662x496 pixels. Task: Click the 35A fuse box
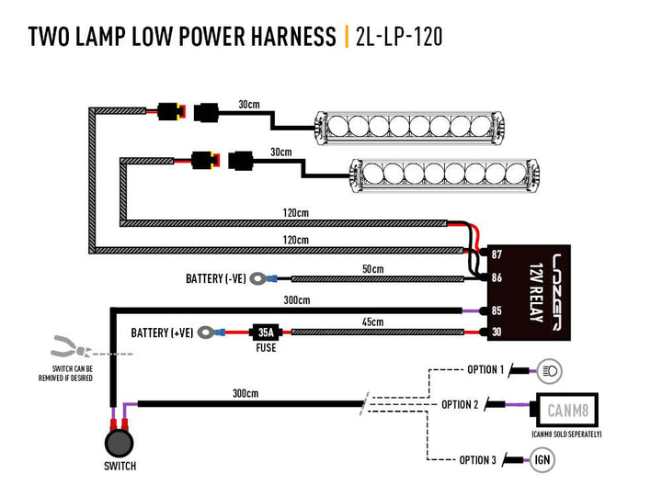pos(265,332)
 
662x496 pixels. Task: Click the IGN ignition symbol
pos(542,459)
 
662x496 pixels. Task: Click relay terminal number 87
pos(497,254)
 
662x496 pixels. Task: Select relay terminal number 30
pos(497,332)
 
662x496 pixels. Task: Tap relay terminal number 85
pos(497,310)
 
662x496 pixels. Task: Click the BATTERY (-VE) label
pos(215,277)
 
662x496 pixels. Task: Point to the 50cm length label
pos(371,269)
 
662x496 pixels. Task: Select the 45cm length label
pos(371,321)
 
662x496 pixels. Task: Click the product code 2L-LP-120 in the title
pos(398,37)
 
